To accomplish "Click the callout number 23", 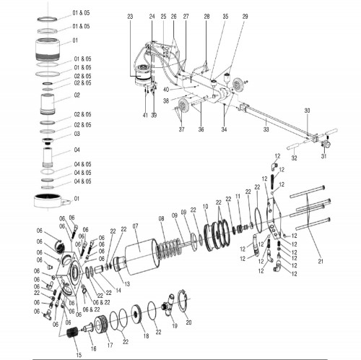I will (x=130, y=15).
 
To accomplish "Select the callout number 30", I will (x=307, y=110).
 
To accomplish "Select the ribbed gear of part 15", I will (x=73, y=336).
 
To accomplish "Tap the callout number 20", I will (x=188, y=322).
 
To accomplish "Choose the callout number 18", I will (x=147, y=336).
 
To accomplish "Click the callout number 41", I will (x=145, y=116).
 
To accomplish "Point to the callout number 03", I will (x=76, y=134).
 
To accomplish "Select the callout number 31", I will (x=324, y=155).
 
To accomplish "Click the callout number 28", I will (x=206, y=15).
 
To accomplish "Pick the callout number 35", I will (x=225, y=15).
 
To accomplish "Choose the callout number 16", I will (x=93, y=348).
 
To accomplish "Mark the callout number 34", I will (x=224, y=129).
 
